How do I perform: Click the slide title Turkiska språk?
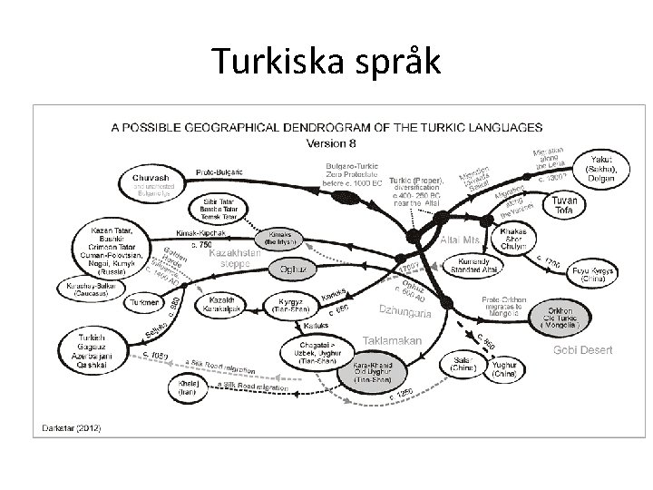tap(326, 61)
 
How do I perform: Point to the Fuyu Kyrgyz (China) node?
tap(593, 275)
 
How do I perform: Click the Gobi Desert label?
tap(584, 350)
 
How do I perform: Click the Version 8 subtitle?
tap(333, 143)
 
